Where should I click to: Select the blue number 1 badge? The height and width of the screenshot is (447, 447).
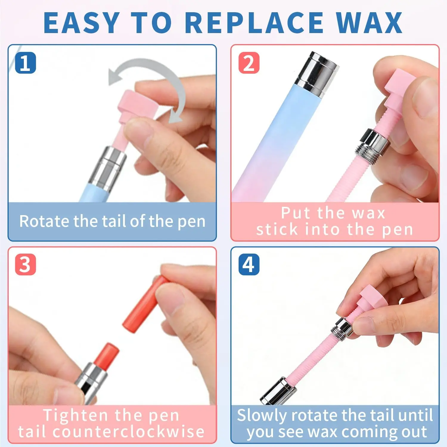point(25,63)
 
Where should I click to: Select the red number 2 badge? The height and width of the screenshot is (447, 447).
point(249,63)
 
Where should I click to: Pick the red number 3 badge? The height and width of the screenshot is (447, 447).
point(25,265)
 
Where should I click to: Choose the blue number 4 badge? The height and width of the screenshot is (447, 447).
point(249,265)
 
